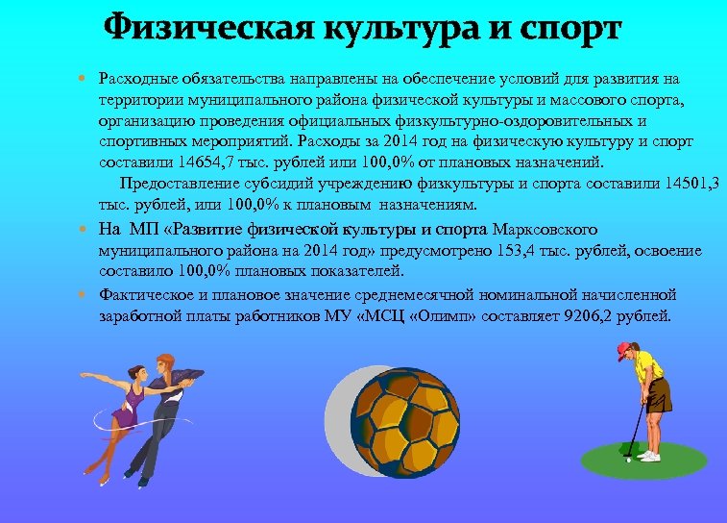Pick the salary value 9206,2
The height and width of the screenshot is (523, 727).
tap(596, 315)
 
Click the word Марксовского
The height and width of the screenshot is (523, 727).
tap(545, 230)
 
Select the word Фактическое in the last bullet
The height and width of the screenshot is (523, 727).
tap(140, 294)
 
